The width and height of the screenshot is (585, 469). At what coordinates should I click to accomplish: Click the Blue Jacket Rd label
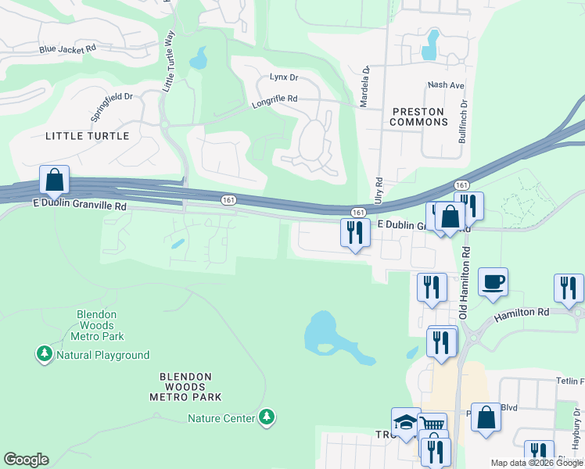[67, 48]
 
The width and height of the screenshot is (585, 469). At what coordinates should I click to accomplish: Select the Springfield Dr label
[112, 107]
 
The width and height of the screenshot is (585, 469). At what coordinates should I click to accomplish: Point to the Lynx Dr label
[284, 77]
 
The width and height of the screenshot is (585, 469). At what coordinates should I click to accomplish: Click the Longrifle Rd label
[275, 99]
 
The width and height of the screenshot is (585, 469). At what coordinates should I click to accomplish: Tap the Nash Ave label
[446, 84]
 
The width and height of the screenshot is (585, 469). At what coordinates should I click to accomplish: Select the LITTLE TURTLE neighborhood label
[88, 136]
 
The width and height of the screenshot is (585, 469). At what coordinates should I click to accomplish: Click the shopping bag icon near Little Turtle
[54, 180]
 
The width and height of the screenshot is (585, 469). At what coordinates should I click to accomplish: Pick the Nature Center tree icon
[267, 417]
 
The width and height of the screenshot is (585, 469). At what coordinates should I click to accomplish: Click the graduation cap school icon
[406, 423]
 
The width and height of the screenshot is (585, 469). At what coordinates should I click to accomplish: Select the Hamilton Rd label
[522, 312]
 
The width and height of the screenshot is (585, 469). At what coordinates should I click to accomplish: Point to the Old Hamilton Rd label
[465, 283]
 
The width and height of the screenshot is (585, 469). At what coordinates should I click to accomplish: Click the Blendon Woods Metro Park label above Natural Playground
[97, 325]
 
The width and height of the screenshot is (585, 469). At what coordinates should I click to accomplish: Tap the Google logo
[26, 460]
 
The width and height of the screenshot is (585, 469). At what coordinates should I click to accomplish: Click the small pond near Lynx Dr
[198, 58]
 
